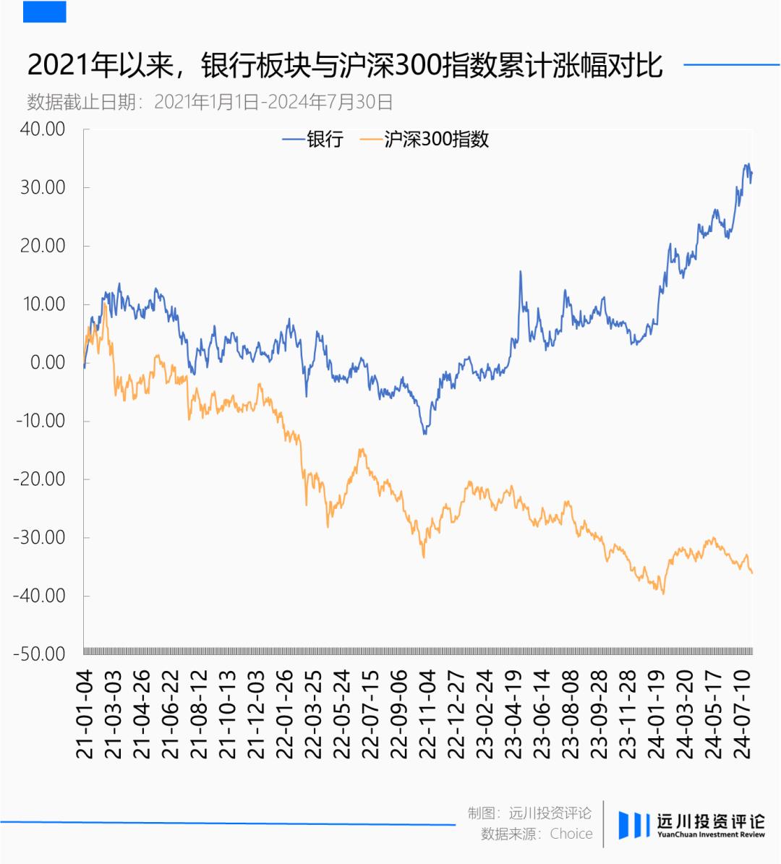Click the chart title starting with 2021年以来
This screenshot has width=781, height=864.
coord(345,66)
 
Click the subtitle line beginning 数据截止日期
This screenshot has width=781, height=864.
coord(210,102)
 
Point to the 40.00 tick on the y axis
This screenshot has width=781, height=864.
coord(43,129)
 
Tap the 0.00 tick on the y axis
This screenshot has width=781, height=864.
coord(48,362)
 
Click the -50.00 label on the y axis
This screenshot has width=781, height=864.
coord(39,654)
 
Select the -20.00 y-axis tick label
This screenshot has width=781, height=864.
coord(39,479)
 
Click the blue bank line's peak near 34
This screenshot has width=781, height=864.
coord(748,165)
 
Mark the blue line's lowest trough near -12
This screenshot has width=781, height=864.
coord(424,434)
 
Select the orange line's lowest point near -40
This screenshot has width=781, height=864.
coord(663,594)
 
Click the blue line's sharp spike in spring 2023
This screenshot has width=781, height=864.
coord(521,272)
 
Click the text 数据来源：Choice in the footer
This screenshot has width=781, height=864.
coord(537,834)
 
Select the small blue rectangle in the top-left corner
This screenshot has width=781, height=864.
coord(44,12)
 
